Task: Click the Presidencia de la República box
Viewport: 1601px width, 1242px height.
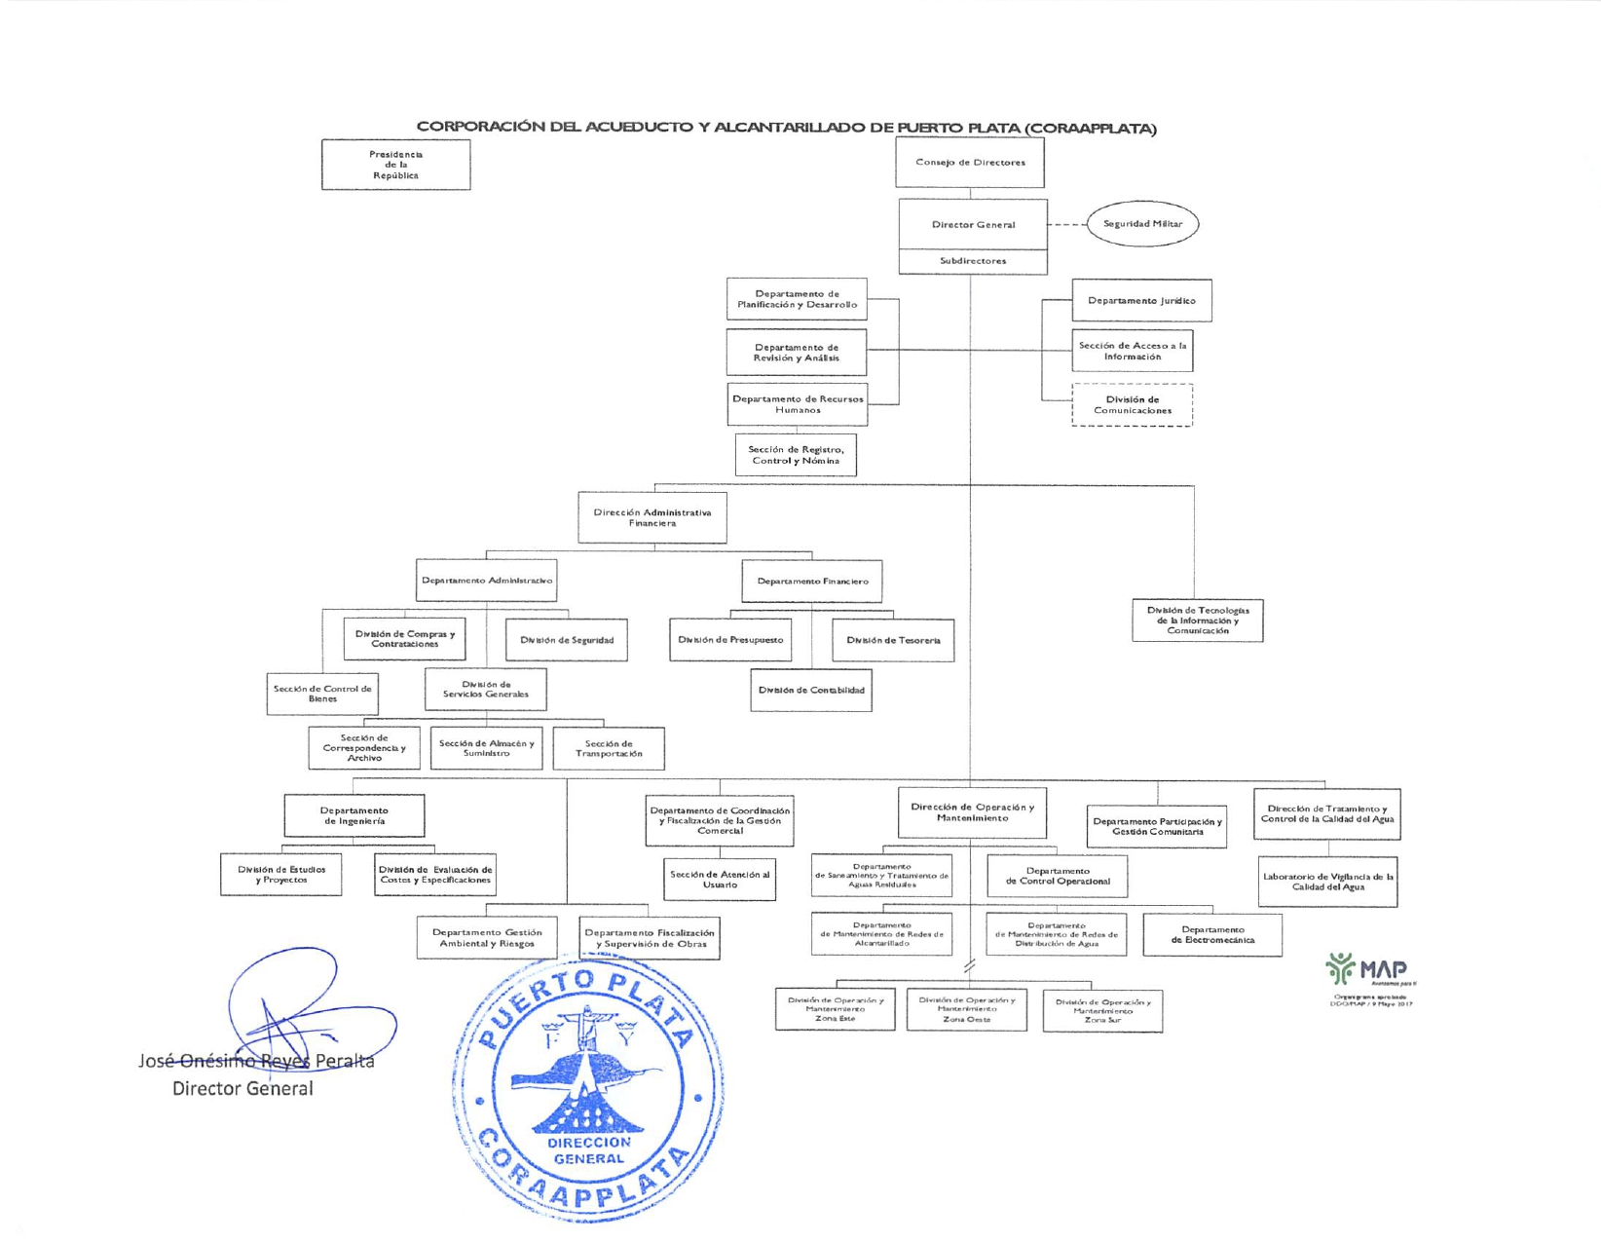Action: [395, 165]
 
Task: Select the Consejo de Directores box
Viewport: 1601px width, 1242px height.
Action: [969, 163]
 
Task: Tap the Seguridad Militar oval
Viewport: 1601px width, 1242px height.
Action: [1142, 224]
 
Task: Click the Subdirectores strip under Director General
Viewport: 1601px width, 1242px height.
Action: [973, 261]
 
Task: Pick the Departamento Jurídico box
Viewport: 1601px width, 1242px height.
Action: [1141, 300]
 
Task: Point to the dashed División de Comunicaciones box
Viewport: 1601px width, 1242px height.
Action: [1132, 405]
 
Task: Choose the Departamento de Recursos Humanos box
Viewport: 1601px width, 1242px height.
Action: [798, 404]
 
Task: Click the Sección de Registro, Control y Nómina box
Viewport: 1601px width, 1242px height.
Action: [796, 455]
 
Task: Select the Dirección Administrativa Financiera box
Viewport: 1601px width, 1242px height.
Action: [652, 517]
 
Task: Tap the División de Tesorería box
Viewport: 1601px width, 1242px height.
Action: [893, 640]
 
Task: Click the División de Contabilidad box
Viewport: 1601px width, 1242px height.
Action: [810, 690]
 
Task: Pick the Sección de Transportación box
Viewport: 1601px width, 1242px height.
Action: [609, 748]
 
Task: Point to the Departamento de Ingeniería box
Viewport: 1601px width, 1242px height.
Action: [354, 815]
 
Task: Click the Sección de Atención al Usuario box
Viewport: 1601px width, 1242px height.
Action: [720, 879]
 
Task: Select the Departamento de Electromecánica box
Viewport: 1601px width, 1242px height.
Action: [1212, 934]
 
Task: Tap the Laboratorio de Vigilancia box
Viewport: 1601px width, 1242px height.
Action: [1327, 882]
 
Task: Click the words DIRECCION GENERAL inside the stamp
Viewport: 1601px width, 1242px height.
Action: [588, 1150]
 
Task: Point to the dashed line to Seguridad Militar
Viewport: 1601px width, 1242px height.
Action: [1067, 224]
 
